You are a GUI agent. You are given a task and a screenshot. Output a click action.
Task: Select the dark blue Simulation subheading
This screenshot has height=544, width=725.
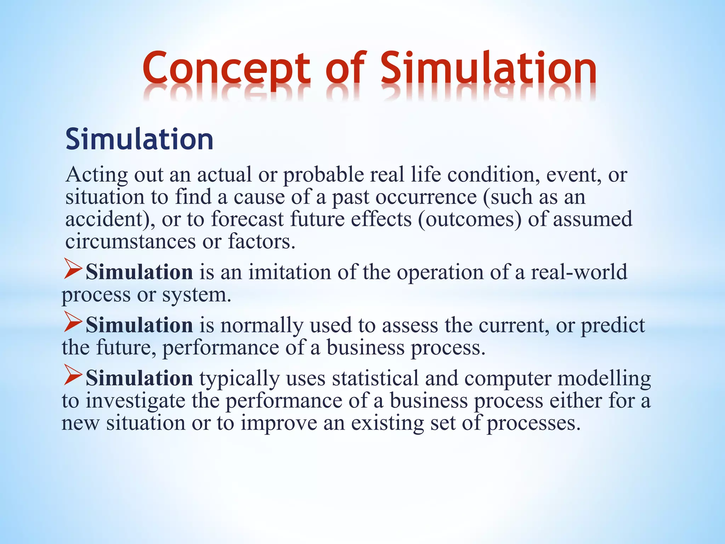[139, 139]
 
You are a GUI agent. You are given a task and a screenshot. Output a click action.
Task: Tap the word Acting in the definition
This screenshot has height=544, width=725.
[96, 175]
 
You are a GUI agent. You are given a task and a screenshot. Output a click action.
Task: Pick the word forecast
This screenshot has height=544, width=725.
[247, 219]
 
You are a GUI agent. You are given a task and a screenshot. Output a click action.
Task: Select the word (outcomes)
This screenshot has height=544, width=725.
[469, 220]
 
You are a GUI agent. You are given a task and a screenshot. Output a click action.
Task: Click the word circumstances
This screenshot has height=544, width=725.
[131, 242]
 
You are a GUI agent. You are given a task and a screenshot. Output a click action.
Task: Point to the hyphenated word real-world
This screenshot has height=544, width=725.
[579, 272]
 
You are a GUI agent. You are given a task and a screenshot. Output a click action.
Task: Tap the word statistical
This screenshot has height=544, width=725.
[375, 378]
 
